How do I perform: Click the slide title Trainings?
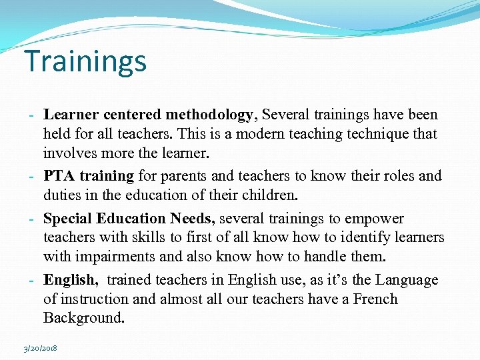click(85, 61)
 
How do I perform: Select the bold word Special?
click(67, 219)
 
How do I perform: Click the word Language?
click(406, 280)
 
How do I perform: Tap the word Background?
click(84, 317)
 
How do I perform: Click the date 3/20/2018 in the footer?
click(40, 348)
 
